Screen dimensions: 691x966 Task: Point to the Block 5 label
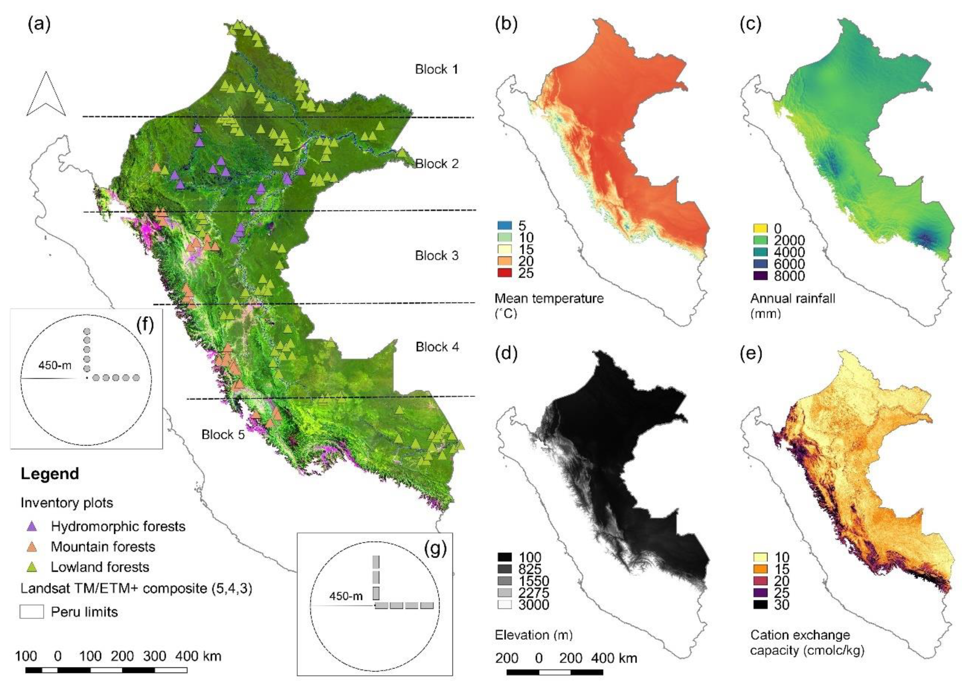point(223,434)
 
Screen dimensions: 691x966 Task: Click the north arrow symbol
point(46,95)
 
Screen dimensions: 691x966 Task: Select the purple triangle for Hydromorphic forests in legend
point(32,526)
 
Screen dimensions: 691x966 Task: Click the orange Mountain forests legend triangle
point(32,547)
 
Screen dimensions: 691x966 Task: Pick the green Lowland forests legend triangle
point(32,567)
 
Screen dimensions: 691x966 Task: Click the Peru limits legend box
point(32,612)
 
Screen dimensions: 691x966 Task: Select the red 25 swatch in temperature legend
point(504,273)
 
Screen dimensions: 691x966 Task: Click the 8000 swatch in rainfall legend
point(760,276)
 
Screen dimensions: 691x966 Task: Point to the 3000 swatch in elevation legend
point(504,605)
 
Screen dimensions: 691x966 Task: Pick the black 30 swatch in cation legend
point(760,605)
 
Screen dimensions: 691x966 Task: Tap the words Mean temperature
point(549,298)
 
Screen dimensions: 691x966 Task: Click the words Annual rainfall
point(792,298)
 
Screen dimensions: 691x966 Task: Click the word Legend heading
point(50,474)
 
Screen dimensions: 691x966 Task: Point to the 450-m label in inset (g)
point(345,596)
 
